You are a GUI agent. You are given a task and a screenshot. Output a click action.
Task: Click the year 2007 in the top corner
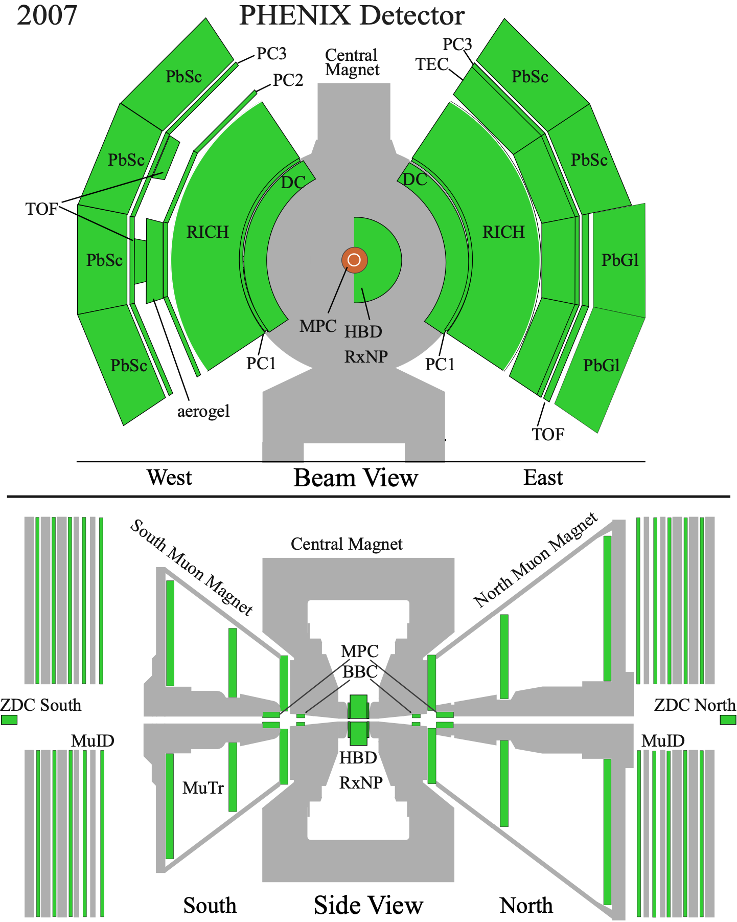click(x=47, y=15)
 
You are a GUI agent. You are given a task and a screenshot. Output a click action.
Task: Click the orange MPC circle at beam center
click(x=354, y=260)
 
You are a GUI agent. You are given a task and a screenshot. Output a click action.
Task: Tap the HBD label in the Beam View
click(x=363, y=332)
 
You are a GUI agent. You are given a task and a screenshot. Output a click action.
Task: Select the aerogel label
click(x=203, y=412)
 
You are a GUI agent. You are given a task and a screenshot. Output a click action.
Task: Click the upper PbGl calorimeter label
click(x=620, y=260)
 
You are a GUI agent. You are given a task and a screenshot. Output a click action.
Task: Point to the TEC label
click(x=432, y=64)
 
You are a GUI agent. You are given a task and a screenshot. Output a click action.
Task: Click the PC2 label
click(x=288, y=80)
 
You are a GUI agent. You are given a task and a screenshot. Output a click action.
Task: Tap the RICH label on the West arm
click(x=208, y=232)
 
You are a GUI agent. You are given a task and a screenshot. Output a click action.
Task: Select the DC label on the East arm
click(x=414, y=179)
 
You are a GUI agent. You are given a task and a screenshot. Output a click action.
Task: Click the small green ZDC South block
click(x=9, y=719)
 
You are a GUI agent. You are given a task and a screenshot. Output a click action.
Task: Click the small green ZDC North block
click(x=728, y=719)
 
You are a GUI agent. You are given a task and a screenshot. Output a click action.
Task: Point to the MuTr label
click(x=203, y=788)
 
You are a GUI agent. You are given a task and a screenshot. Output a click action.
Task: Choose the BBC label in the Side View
click(x=360, y=672)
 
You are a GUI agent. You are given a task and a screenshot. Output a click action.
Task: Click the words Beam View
click(x=356, y=478)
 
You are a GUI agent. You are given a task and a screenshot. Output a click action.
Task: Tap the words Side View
click(x=368, y=905)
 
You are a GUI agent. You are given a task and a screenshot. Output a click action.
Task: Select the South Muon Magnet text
click(x=192, y=568)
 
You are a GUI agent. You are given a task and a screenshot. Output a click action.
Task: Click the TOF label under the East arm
click(x=548, y=435)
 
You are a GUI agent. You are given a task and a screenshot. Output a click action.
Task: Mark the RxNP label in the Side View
click(x=361, y=782)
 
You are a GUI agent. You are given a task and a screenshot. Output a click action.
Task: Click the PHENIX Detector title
click(x=352, y=15)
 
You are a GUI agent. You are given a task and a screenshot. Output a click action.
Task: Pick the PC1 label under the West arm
click(x=261, y=364)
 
